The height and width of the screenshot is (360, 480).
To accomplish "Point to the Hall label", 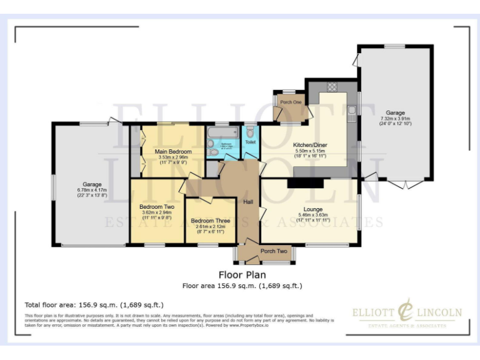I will [247, 202].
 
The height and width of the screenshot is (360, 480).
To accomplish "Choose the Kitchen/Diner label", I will [311, 146].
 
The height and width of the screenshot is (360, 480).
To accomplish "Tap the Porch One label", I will [291, 102].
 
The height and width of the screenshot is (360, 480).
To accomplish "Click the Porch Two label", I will [274, 251].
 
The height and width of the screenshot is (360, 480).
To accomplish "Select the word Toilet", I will [250, 142].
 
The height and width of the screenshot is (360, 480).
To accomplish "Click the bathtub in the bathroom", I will [222, 133].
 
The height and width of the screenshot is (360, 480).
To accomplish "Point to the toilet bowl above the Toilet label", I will [250, 132].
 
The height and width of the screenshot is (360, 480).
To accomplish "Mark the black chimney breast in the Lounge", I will [306, 183].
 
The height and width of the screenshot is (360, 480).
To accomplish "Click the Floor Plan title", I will [242, 274].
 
